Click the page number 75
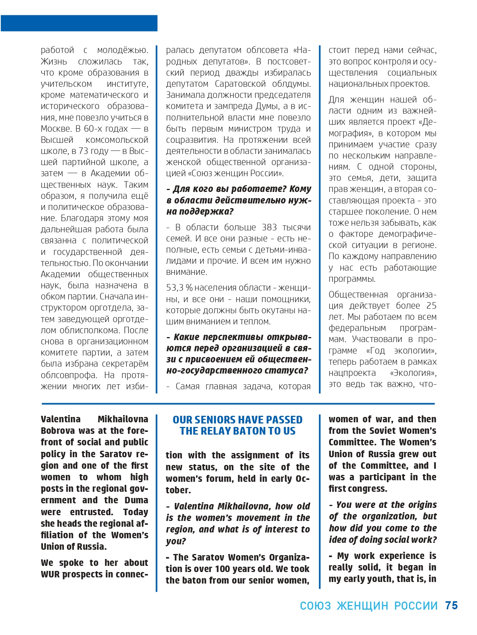pos(451,605)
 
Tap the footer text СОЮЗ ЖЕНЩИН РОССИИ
pos(369,606)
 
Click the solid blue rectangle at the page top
pos(79,23)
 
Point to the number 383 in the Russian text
pos(269,227)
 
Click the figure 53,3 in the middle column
pos(175,288)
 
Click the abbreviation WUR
pos(50,574)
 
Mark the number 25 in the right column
pos(431,306)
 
